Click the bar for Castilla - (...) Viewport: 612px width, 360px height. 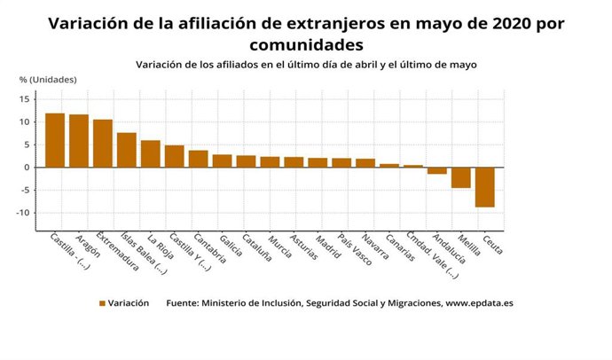click(x=55, y=140)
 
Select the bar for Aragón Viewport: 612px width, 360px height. click(x=79, y=141)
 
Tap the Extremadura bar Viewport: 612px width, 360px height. click(x=103, y=144)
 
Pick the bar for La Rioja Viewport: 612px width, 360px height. click(x=151, y=153)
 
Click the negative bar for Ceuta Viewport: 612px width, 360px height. click(x=484, y=187)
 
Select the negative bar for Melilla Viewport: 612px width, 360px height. click(x=460, y=177)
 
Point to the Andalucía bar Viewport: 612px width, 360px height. click(x=436, y=170)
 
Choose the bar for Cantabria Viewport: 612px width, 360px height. click(x=198, y=159)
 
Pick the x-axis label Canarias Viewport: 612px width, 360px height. click(x=400, y=249)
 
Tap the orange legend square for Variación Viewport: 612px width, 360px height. click(x=102, y=303)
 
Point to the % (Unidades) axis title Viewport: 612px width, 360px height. click(x=49, y=79)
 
